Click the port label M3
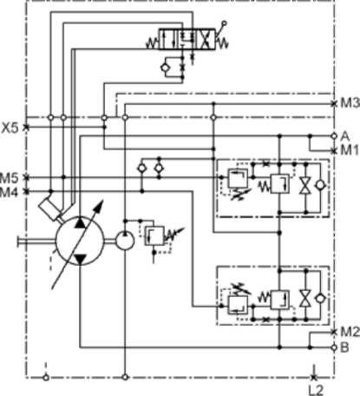click(x=350, y=103)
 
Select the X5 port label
click(x=10, y=128)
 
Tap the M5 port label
click(x=10, y=177)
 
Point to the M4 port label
click(x=10, y=192)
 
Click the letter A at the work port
click(x=345, y=135)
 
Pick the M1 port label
click(x=350, y=150)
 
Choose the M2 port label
click(x=350, y=332)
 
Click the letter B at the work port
click(x=344, y=347)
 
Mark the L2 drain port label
click(x=316, y=390)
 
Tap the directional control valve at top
click(x=187, y=39)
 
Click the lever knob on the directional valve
click(x=224, y=23)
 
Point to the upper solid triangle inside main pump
click(x=80, y=223)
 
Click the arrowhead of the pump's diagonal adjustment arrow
click(x=99, y=206)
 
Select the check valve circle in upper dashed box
click(x=320, y=185)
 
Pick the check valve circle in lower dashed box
click(x=320, y=298)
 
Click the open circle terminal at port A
click(x=334, y=135)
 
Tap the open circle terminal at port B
click(x=334, y=347)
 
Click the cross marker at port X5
click(x=26, y=127)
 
